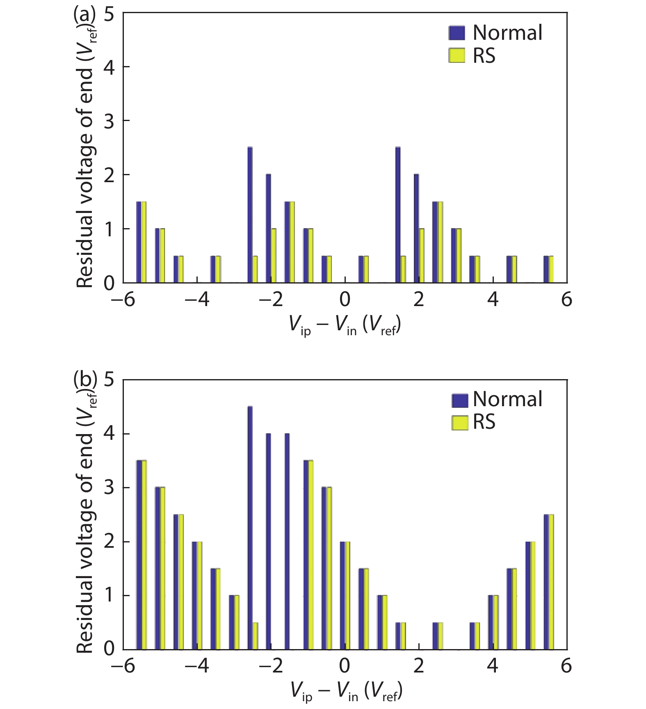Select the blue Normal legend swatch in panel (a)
pyautogui.click(x=457, y=33)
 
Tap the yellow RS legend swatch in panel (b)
pyautogui.click(x=459, y=423)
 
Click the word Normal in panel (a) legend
pyautogui.click(x=507, y=33)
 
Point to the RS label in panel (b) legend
pyautogui.click(x=484, y=422)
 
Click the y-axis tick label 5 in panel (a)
pyautogui.click(x=109, y=15)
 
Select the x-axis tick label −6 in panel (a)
pyautogui.click(x=123, y=300)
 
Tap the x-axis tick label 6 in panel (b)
pyautogui.click(x=566, y=666)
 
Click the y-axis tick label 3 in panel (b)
pyautogui.click(x=109, y=488)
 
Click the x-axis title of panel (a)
pyautogui.click(x=345, y=326)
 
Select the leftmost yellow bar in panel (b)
pyautogui.click(x=144, y=555)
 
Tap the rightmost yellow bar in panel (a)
pyautogui.click(x=551, y=269)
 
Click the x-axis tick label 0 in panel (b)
pyautogui.click(x=345, y=666)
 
